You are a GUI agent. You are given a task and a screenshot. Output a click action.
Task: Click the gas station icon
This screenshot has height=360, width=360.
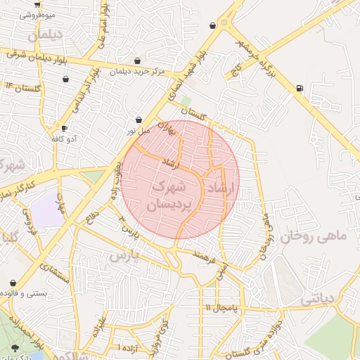pos(300,88)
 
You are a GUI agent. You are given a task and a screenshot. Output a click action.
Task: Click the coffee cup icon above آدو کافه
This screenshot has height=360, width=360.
pos(65,128)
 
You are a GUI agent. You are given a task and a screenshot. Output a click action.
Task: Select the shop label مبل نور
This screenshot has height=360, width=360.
pos(139,131)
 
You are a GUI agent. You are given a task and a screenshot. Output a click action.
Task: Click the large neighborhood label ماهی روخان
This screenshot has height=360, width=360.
pos(314,237)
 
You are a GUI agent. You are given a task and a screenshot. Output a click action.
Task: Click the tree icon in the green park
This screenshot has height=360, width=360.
pos(15,347)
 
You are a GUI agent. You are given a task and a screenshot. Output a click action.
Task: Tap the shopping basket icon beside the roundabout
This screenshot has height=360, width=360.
pos(213,25)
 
